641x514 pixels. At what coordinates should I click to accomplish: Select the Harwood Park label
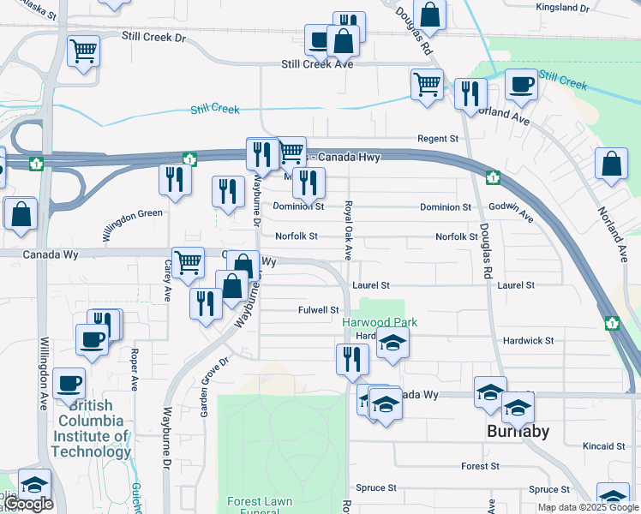click(380, 322)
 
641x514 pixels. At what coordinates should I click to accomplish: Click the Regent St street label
click(438, 139)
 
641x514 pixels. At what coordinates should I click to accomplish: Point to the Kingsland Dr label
click(562, 8)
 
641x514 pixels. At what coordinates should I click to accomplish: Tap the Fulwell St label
click(319, 310)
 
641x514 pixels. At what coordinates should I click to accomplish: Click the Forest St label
click(480, 466)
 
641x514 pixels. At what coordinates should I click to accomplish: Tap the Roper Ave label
click(135, 366)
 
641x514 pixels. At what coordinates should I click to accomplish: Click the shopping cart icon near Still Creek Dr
click(83, 51)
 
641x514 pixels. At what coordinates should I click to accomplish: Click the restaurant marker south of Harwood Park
click(352, 359)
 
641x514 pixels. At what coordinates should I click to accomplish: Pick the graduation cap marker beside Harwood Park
click(392, 342)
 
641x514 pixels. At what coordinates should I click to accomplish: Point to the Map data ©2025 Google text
click(588, 507)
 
